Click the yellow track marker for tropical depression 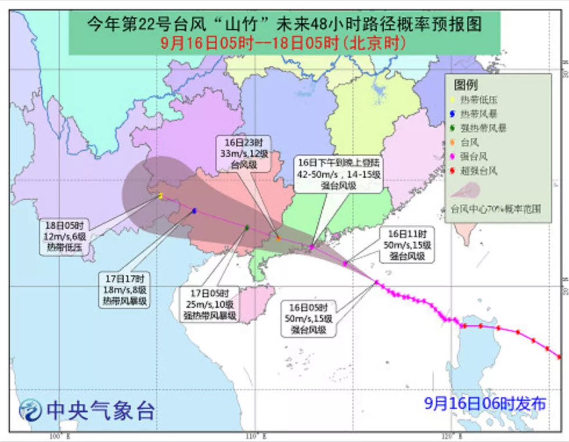click(160, 196)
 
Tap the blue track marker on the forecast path click(194, 211)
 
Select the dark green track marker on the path click(247, 228)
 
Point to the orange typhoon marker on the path click(279, 239)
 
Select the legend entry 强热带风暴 click(481, 128)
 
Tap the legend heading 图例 click(466, 85)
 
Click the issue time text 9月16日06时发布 click(485, 403)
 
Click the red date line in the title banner click(283, 42)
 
